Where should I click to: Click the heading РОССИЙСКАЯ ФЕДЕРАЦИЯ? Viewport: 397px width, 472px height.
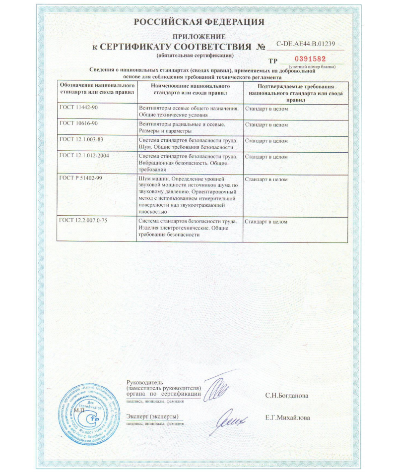tap(199, 22)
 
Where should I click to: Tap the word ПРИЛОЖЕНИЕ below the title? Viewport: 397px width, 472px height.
tap(198, 37)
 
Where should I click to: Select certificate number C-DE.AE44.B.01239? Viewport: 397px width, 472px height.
tap(305, 44)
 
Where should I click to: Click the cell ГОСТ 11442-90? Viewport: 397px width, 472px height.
tap(79, 108)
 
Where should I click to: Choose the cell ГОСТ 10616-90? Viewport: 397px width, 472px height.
tap(79, 123)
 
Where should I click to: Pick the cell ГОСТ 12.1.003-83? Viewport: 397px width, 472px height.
tap(82, 140)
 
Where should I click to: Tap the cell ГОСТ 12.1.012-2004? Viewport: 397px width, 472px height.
tap(84, 156)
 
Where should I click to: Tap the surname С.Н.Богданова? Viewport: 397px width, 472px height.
tap(286, 396)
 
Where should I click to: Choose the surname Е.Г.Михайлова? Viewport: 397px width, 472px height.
tap(287, 417)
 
